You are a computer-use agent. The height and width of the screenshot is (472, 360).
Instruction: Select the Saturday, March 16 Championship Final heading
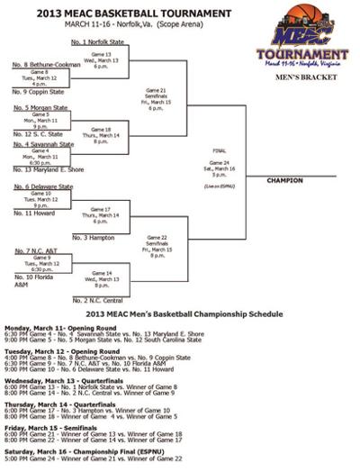point(76,444)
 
